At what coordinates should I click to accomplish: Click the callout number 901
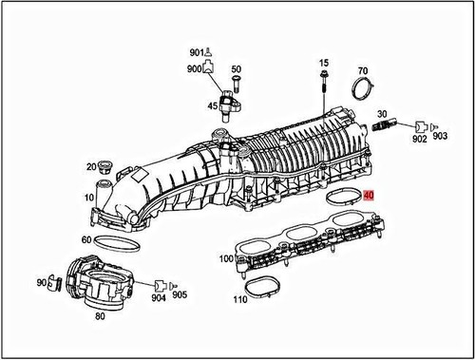pos(196,51)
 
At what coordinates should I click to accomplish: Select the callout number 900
pos(195,69)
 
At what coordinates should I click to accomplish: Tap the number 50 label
pos(237,68)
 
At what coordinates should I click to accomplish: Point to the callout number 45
pos(213,105)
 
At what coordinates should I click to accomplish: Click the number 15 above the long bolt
pos(323,62)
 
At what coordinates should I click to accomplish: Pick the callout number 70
pos(362,71)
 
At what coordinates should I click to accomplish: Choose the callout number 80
pos(100,320)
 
